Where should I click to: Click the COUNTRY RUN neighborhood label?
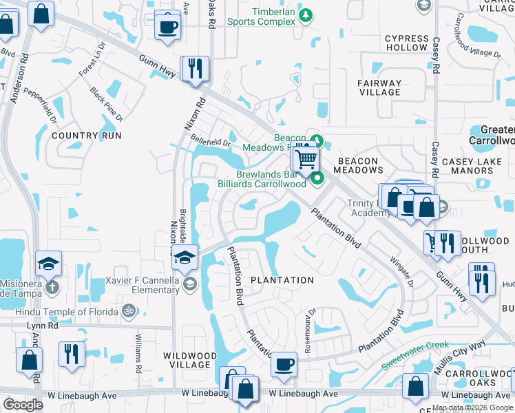point(87,136)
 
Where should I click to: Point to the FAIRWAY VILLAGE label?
point(379,87)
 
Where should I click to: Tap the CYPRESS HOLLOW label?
point(406,43)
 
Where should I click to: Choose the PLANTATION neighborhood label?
point(282,280)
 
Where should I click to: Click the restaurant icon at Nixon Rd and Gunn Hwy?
point(194,68)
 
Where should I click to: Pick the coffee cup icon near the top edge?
point(168,26)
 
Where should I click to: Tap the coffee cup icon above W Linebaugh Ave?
point(282,363)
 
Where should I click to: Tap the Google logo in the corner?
point(23,404)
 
